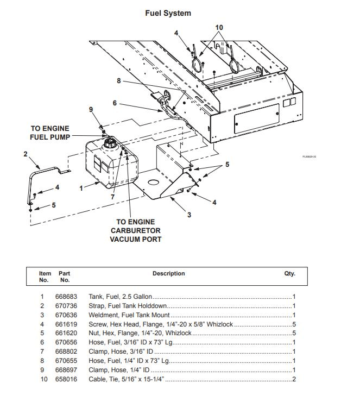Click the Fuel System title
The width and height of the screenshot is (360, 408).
[x=168, y=13]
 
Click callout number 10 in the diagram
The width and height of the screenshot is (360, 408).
[x=219, y=27]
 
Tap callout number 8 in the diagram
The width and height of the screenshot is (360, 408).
[x=118, y=81]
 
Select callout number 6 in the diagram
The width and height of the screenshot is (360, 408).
[x=115, y=103]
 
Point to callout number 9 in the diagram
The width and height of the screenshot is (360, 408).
[x=91, y=109]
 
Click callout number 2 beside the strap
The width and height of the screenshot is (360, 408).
[x=25, y=154]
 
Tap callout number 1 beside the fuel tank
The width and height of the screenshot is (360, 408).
[x=81, y=189]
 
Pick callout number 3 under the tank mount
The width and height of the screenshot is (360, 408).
[x=189, y=215]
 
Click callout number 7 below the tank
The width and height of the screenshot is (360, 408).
[x=112, y=197]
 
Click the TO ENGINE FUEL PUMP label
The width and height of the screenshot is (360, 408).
[x=49, y=133]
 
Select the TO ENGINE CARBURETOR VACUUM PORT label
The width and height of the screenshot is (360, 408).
[x=135, y=230]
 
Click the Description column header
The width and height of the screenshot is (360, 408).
[x=168, y=274]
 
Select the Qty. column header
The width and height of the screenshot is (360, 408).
[x=289, y=274]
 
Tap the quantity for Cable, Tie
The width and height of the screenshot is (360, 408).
[x=293, y=379]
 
